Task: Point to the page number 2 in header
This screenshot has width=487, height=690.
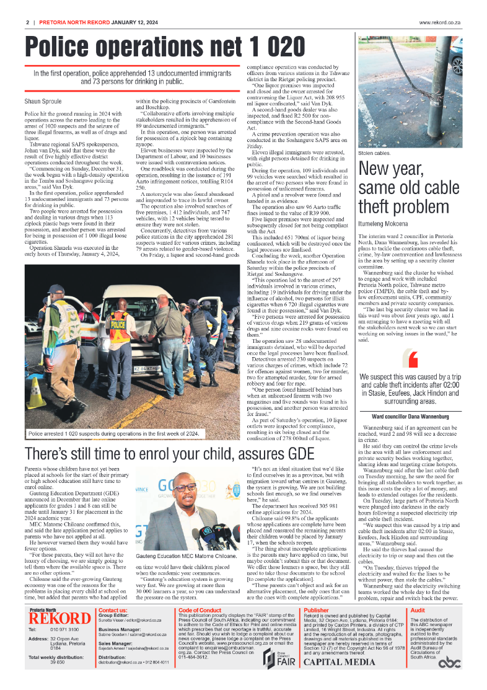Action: click(28, 24)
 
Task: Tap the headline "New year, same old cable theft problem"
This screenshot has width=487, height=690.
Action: click(409, 188)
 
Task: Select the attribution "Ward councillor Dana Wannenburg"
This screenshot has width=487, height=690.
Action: click(411, 416)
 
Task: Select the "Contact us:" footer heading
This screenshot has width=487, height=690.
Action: click(113, 610)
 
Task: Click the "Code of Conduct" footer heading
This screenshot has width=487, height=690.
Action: click(199, 610)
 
